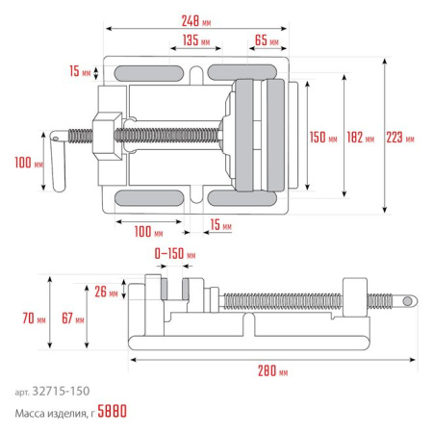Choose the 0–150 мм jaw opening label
(x=174, y=256)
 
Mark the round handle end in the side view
(x=409, y=301)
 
